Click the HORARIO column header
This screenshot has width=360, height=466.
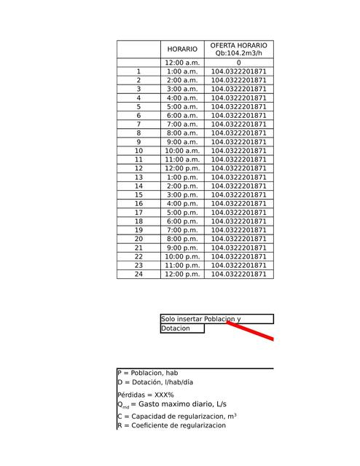(x=182, y=50)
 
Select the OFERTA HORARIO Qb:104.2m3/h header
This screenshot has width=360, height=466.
(x=238, y=50)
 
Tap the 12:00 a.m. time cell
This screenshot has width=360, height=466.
(x=182, y=63)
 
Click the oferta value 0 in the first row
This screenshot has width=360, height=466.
(x=238, y=63)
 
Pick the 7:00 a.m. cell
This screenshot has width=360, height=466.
(x=182, y=125)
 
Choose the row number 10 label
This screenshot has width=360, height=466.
(x=138, y=151)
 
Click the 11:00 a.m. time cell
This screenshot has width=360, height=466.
(x=182, y=159)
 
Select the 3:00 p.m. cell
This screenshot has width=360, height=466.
(x=182, y=195)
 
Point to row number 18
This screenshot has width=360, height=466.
(x=138, y=221)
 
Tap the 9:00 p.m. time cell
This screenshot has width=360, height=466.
(x=182, y=248)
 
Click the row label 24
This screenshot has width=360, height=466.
(x=138, y=275)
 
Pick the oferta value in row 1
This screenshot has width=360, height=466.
(x=238, y=72)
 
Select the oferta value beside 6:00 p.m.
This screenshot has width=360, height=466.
(x=238, y=221)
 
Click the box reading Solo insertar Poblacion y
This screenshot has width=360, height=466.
(x=216, y=319)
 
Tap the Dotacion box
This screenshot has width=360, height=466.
(x=182, y=328)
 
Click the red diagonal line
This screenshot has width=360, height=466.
(x=251, y=330)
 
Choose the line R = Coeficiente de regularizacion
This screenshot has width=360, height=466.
(x=171, y=425)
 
